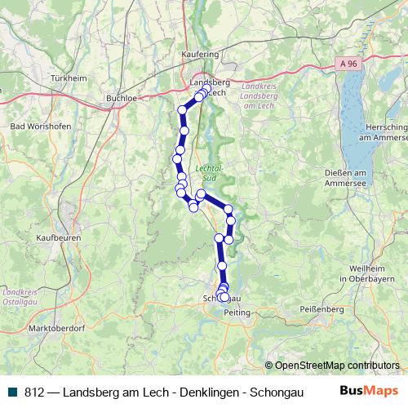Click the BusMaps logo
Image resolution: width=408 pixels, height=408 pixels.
click(x=369, y=390)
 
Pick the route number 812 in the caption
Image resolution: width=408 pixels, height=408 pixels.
click(x=33, y=391)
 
